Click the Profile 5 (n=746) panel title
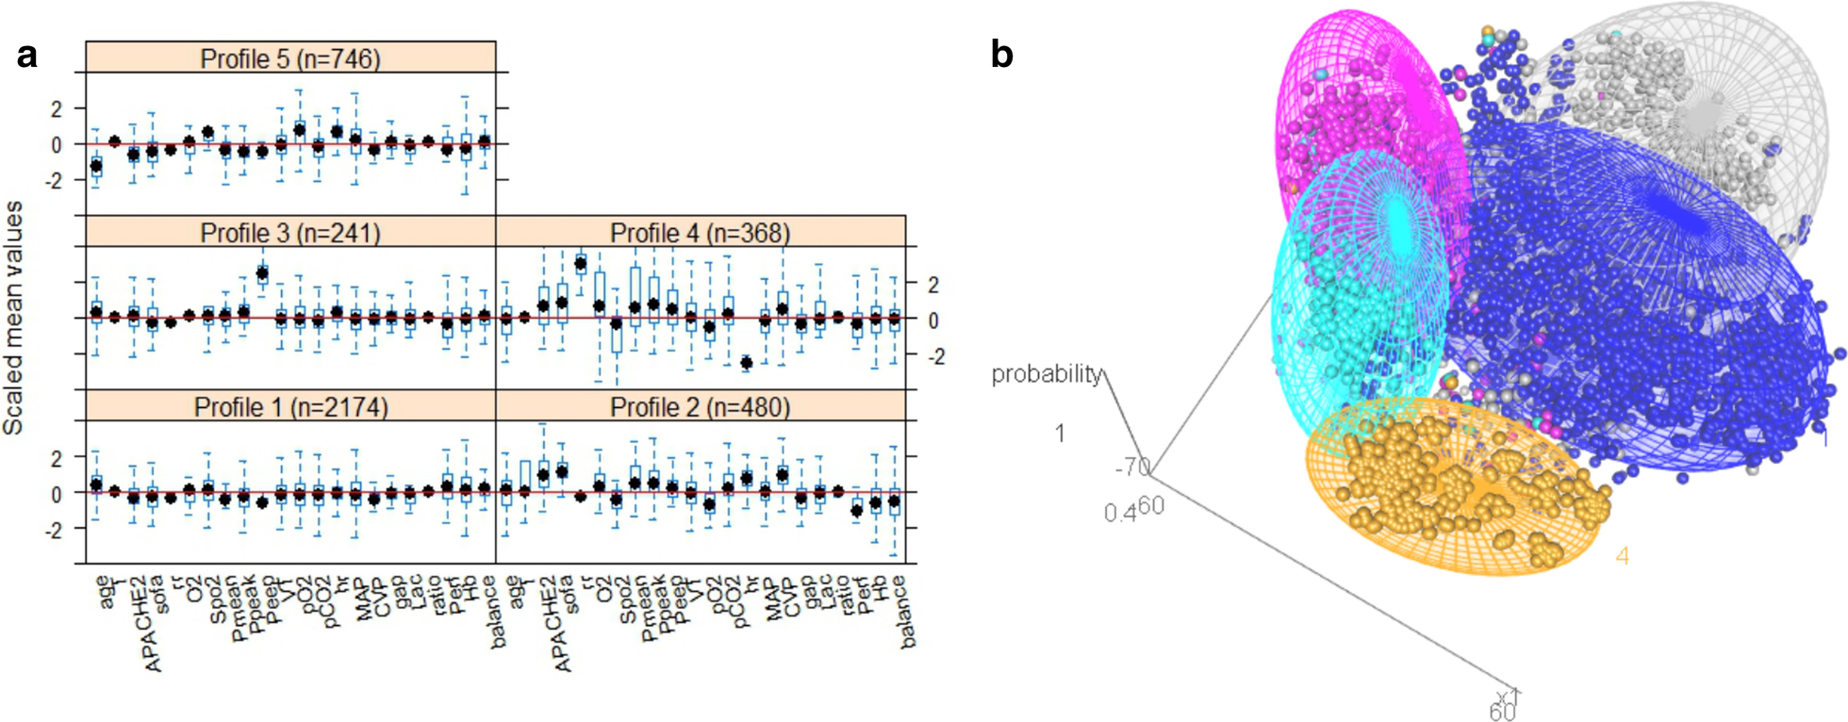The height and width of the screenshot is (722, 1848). pyautogui.click(x=290, y=58)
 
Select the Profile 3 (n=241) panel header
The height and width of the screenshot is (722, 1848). pyautogui.click(x=290, y=233)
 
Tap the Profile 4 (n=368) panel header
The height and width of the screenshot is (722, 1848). pyautogui.click(x=701, y=233)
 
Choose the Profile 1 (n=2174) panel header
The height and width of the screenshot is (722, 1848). pyautogui.click(x=290, y=407)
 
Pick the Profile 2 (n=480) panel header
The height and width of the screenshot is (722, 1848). pyautogui.click(x=701, y=407)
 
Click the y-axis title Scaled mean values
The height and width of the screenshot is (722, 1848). pyautogui.click(x=13, y=318)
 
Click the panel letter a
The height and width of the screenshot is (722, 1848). pyautogui.click(x=27, y=56)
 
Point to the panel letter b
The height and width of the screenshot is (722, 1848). pyautogui.click(x=1001, y=56)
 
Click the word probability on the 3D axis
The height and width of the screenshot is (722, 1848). pyautogui.click(x=1046, y=374)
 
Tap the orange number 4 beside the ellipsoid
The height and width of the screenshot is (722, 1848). pyautogui.click(x=1622, y=556)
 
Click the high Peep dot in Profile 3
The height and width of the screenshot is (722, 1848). pyautogui.click(x=262, y=274)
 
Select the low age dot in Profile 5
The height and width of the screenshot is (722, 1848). pyautogui.click(x=96, y=166)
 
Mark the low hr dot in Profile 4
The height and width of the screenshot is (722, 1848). pyautogui.click(x=746, y=362)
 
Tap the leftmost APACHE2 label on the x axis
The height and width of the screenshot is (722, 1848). pyautogui.click(x=153, y=623)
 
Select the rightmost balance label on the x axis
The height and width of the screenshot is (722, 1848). pyautogui.click(x=906, y=612)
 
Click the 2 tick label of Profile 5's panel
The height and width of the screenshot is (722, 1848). pyautogui.click(x=57, y=108)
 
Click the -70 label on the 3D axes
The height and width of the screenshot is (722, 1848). pyautogui.click(x=1131, y=468)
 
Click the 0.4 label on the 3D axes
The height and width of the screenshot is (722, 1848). pyautogui.click(x=1119, y=513)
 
